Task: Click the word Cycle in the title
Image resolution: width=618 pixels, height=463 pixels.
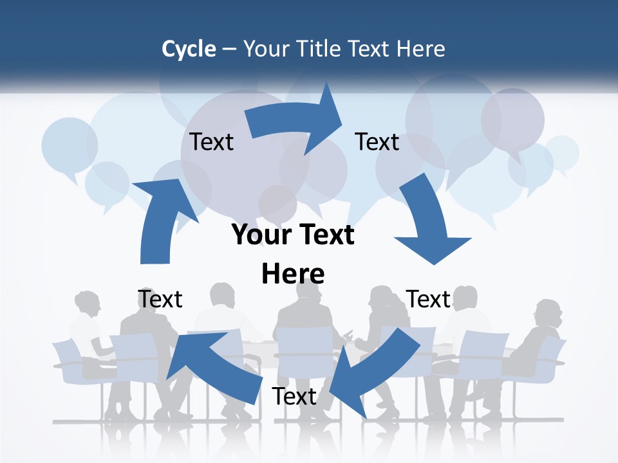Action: [188, 49]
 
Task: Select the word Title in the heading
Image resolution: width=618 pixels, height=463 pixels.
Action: [320, 49]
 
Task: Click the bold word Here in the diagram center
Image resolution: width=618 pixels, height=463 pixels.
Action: [293, 274]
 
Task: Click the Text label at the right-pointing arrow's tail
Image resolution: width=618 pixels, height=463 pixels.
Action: [211, 141]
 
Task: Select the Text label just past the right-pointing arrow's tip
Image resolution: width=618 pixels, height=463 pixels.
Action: [377, 141]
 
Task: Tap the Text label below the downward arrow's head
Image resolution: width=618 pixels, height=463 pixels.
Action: [428, 299]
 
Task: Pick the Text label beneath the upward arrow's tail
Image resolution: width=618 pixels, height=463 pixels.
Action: [160, 299]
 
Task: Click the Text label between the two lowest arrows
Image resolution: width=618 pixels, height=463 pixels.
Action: [294, 396]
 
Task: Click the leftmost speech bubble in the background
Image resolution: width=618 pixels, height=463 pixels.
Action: [70, 145]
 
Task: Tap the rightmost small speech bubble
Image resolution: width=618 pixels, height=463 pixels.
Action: [562, 152]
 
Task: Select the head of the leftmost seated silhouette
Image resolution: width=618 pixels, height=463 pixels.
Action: [88, 303]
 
